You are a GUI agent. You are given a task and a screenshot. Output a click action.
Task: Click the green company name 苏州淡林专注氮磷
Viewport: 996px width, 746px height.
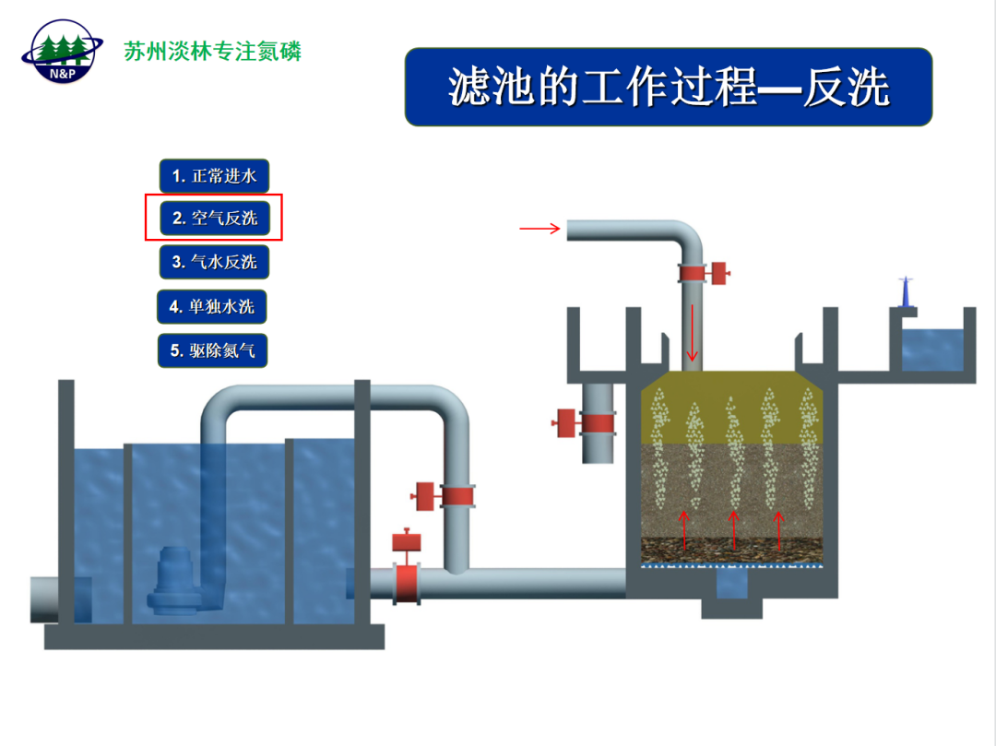213,51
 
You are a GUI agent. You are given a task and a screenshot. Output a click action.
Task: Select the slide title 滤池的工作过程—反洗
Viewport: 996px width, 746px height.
669,88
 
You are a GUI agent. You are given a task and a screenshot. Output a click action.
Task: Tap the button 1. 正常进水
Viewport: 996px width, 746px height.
214,175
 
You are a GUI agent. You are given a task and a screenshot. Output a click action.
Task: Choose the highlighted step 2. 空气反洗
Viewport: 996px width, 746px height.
214,219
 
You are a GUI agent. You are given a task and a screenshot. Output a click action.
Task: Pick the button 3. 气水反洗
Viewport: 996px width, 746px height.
214,262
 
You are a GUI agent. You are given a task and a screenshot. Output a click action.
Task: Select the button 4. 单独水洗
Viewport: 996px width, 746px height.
212,306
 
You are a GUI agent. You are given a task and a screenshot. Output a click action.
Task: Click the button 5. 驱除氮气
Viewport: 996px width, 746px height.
212,350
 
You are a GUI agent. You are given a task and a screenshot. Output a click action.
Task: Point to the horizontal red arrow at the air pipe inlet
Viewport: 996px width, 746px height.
540,229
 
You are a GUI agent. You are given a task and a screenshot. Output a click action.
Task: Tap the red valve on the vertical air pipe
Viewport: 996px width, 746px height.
699,273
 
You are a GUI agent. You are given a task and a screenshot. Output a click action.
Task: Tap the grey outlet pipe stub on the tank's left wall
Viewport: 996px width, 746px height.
53,599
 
